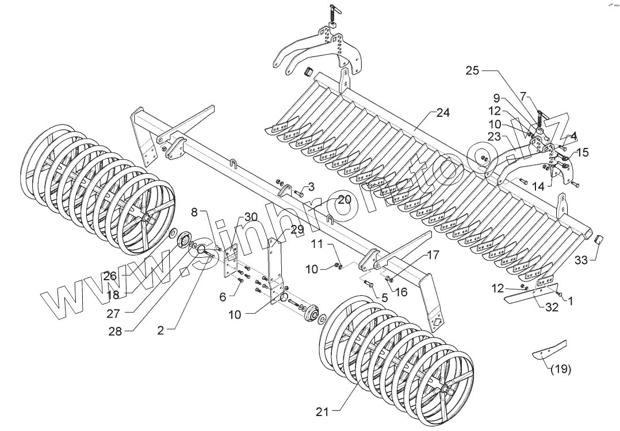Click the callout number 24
click(442, 113)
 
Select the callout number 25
click(472, 71)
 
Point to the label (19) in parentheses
click(560, 369)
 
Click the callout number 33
click(581, 261)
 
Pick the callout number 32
click(552, 307)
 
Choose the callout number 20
click(344, 200)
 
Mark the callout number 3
click(311, 186)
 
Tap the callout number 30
click(250, 217)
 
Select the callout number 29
click(297, 230)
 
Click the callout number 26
click(110, 276)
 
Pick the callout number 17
click(433, 254)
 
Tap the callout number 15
click(583, 152)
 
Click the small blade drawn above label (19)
click(549, 349)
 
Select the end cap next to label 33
click(598, 239)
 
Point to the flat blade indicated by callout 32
click(529, 293)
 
